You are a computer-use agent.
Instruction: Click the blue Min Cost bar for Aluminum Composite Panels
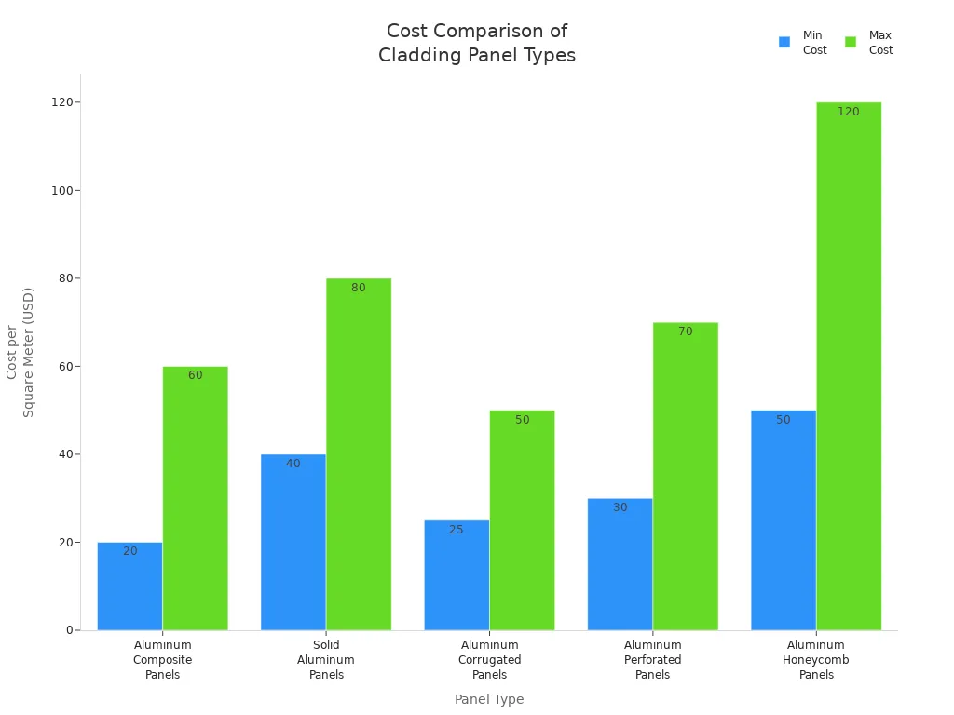click(129, 587)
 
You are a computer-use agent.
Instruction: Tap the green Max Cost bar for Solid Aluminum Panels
click(359, 456)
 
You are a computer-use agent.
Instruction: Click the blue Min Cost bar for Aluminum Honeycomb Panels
click(783, 521)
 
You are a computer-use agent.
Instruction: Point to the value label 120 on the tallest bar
click(848, 112)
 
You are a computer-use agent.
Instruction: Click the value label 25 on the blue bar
click(456, 530)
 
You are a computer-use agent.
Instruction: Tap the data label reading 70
click(685, 331)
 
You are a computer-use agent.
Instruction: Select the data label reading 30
click(620, 507)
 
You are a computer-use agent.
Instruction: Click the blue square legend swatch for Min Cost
click(784, 42)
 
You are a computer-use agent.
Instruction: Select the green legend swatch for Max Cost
click(851, 42)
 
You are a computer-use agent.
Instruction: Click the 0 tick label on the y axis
click(69, 630)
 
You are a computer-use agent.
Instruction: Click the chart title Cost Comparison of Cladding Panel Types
click(477, 43)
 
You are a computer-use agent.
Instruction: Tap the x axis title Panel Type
click(489, 699)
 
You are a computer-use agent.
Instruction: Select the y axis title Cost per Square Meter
click(20, 352)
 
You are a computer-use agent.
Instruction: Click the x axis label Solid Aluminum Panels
click(326, 659)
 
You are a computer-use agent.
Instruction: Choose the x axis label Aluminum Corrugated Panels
click(489, 659)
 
